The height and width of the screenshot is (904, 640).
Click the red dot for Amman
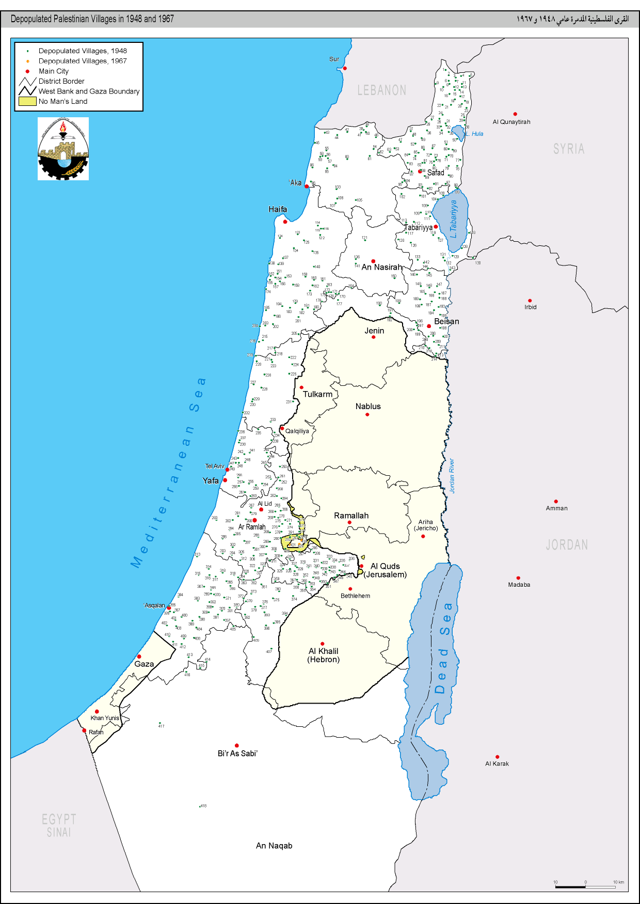pyautogui.click(x=556, y=501)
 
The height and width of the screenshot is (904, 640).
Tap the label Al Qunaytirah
pyautogui.click(x=511, y=122)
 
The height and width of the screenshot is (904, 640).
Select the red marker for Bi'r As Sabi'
pyautogui.click(x=237, y=745)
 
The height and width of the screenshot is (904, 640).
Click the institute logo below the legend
pyautogui.click(x=63, y=149)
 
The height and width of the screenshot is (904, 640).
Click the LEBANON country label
pyautogui.click(x=381, y=90)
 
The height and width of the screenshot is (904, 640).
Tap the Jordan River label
pyautogui.click(x=452, y=476)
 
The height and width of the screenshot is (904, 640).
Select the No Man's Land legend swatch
pyautogui.click(x=27, y=101)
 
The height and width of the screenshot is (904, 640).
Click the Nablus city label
pyautogui.click(x=368, y=407)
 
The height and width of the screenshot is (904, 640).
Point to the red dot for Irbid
pyautogui.click(x=530, y=300)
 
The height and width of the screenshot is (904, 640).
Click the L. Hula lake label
pyautogui.click(x=475, y=134)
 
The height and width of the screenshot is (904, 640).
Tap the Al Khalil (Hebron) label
pyautogui.click(x=324, y=655)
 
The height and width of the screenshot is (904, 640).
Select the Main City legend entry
pyautogui.click(x=53, y=71)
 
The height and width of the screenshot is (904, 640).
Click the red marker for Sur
pyautogui.click(x=345, y=68)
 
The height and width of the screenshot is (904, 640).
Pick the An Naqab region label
pyautogui.click(x=274, y=846)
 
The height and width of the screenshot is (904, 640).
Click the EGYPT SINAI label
pyautogui.click(x=59, y=825)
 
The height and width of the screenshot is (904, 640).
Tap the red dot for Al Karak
pyautogui.click(x=497, y=757)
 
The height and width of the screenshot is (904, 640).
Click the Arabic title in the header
pyautogui.click(x=572, y=19)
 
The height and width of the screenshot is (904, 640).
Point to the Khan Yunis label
pyautogui.click(x=105, y=718)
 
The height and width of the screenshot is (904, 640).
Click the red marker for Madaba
pyautogui.click(x=518, y=578)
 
